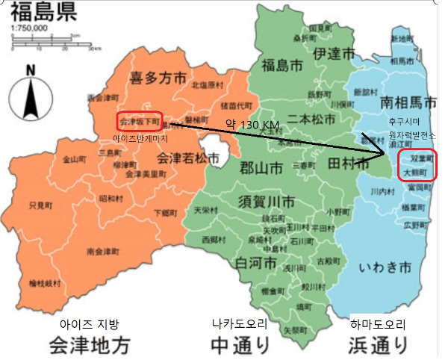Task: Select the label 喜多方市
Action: tap(158, 78)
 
